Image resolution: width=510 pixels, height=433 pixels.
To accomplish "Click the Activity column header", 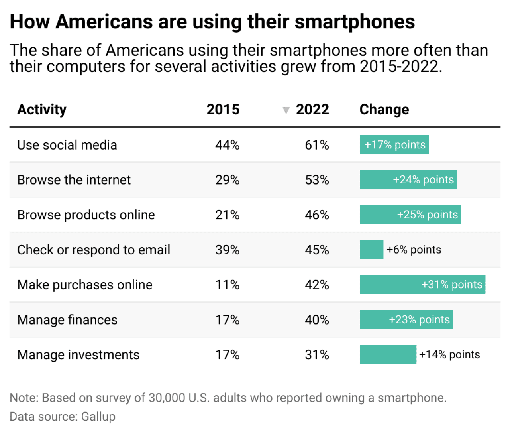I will click(x=42, y=110).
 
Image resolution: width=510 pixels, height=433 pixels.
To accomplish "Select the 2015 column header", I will click(x=223, y=110).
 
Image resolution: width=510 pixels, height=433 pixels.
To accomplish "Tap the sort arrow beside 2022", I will click(x=286, y=110).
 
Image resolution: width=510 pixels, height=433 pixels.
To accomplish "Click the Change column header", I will click(x=384, y=110).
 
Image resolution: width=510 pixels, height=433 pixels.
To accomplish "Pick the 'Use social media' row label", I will click(x=67, y=145).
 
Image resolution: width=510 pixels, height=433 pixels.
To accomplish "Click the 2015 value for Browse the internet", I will click(x=227, y=180).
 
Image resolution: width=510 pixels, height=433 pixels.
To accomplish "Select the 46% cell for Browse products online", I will click(x=317, y=215).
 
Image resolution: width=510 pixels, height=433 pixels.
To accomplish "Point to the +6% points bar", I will click(x=371, y=250).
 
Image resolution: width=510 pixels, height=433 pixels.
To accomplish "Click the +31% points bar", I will click(x=422, y=285).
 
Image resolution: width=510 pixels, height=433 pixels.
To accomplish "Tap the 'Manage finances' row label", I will click(x=67, y=320).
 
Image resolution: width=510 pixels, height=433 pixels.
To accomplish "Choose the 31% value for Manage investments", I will click(x=317, y=355).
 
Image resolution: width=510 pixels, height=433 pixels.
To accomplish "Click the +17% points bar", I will click(x=394, y=145).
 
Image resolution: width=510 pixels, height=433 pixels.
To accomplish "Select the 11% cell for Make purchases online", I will click(x=227, y=285).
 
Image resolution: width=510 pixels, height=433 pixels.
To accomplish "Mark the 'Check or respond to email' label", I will click(x=94, y=250).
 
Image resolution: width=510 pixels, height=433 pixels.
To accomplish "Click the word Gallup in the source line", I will click(x=98, y=417).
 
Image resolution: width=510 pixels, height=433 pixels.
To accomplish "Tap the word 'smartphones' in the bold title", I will click(x=355, y=22).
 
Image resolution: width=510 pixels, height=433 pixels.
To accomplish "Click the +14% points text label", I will click(x=449, y=355).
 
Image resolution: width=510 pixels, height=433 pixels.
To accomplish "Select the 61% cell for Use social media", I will click(x=317, y=145).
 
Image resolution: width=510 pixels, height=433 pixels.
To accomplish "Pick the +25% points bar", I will click(x=410, y=215).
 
